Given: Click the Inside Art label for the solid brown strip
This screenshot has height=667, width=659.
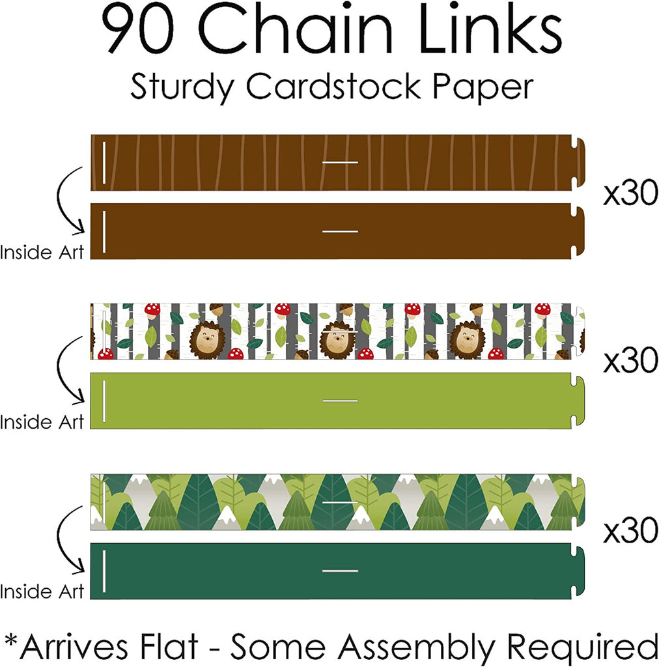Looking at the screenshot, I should click(42, 253).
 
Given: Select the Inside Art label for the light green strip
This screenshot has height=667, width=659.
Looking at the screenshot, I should click(42, 422).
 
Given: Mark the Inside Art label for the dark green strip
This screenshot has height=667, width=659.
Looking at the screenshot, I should click(42, 591).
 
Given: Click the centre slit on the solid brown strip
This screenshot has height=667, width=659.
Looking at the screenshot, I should click(340, 231).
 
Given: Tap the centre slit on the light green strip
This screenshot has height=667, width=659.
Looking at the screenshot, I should click(340, 401).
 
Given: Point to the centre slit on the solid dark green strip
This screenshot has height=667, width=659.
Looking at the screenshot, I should click(340, 571).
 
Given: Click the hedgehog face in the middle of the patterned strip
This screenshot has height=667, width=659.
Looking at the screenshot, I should click(337, 338).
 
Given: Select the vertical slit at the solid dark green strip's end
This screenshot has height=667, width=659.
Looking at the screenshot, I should click(104, 571).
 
